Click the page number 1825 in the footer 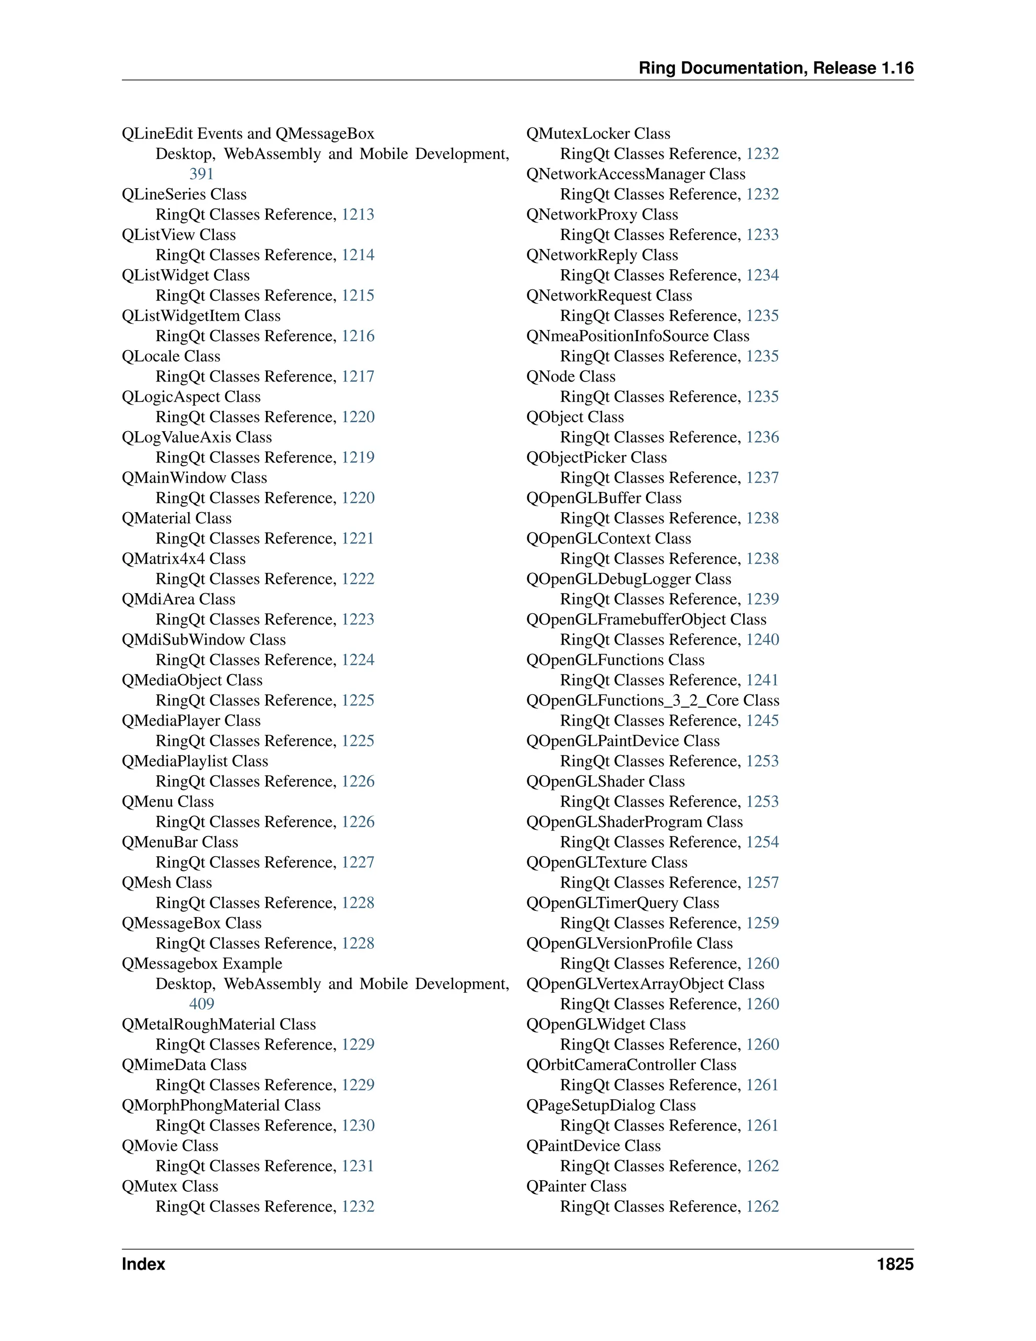[x=895, y=1264]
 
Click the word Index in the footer [x=144, y=1264]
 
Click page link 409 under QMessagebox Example [x=201, y=1004]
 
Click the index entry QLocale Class [x=170, y=356]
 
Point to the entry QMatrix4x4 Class [x=184, y=559]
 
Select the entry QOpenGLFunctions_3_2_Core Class [x=653, y=700]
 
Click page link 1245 [x=762, y=721]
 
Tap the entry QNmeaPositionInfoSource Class [x=638, y=336]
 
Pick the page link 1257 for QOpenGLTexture [x=762, y=883]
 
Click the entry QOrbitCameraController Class [x=631, y=1065]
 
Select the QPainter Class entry [x=576, y=1186]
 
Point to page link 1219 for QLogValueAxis [x=358, y=457]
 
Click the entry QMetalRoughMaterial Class [x=219, y=1024]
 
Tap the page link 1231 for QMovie [x=358, y=1166]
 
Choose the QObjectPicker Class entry [x=596, y=457]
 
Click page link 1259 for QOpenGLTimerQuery [x=762, y=923]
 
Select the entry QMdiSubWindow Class [x=204, y=640]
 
